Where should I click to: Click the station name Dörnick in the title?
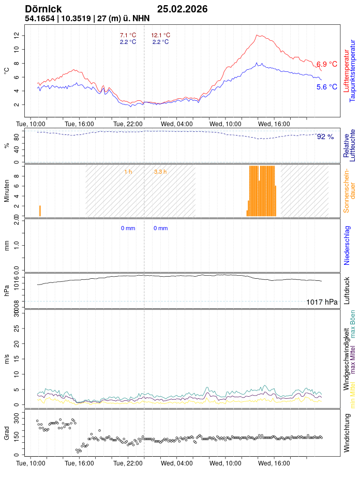tap(43, 9)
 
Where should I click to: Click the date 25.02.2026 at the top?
tap(183, 9)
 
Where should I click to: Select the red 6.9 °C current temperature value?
tap(327, 64)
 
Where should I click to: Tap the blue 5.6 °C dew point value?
tap(327, 87)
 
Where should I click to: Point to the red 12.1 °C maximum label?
tap(160, 35)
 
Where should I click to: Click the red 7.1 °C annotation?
tap(128, 35)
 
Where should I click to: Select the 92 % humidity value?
tap(325, 137)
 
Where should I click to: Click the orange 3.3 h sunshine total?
tap(160, 171)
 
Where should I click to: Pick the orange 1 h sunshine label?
tap(128, 171)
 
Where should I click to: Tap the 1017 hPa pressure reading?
tap(322, 302)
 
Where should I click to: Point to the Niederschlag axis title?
tap(347, 245)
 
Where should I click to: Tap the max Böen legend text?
tap(353, 324)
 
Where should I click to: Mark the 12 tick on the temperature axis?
tap(17, 35)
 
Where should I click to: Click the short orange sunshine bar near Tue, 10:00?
tap(40, 211)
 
